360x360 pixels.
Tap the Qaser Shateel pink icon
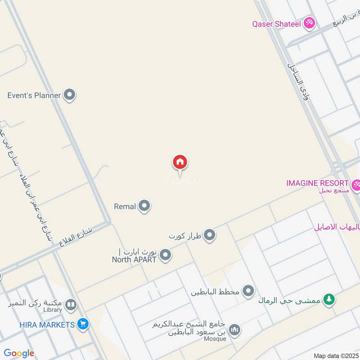[309, 23]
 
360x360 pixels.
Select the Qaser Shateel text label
[276, 24]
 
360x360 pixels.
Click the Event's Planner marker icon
[69, 95]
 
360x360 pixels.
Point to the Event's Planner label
[34, 95]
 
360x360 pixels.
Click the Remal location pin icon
[144, 206]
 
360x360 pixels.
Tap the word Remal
[125, 207]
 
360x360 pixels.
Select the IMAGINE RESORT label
[317, 183]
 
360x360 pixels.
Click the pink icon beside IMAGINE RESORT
[356, 184]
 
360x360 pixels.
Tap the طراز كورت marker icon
[209, 235]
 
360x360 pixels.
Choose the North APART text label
[134, 259]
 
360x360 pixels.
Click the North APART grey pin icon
[166, 255]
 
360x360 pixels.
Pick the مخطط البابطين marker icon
[248, 291]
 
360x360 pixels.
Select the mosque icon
[234, 331]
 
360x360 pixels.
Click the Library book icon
[70, 306]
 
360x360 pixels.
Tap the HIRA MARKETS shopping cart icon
[82, 324]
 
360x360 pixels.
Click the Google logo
[19, 353]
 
